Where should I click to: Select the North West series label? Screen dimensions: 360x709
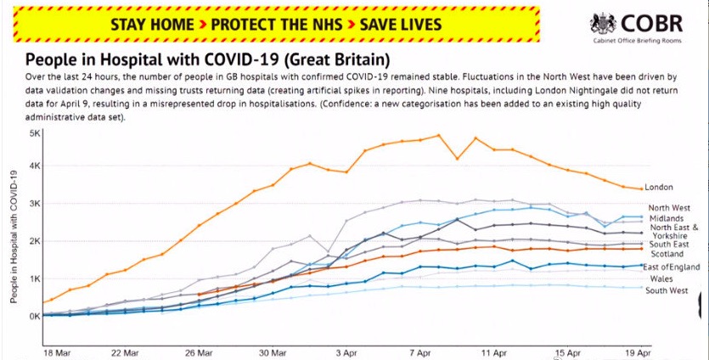coord(670,208)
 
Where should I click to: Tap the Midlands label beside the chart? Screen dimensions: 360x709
coord(667,219)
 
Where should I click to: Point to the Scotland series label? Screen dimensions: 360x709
coord(667,254)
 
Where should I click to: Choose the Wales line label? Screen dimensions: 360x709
coord(662,278)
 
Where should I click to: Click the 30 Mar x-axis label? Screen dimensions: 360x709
coord(273,351)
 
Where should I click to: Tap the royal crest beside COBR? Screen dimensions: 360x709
coord(604,24)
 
